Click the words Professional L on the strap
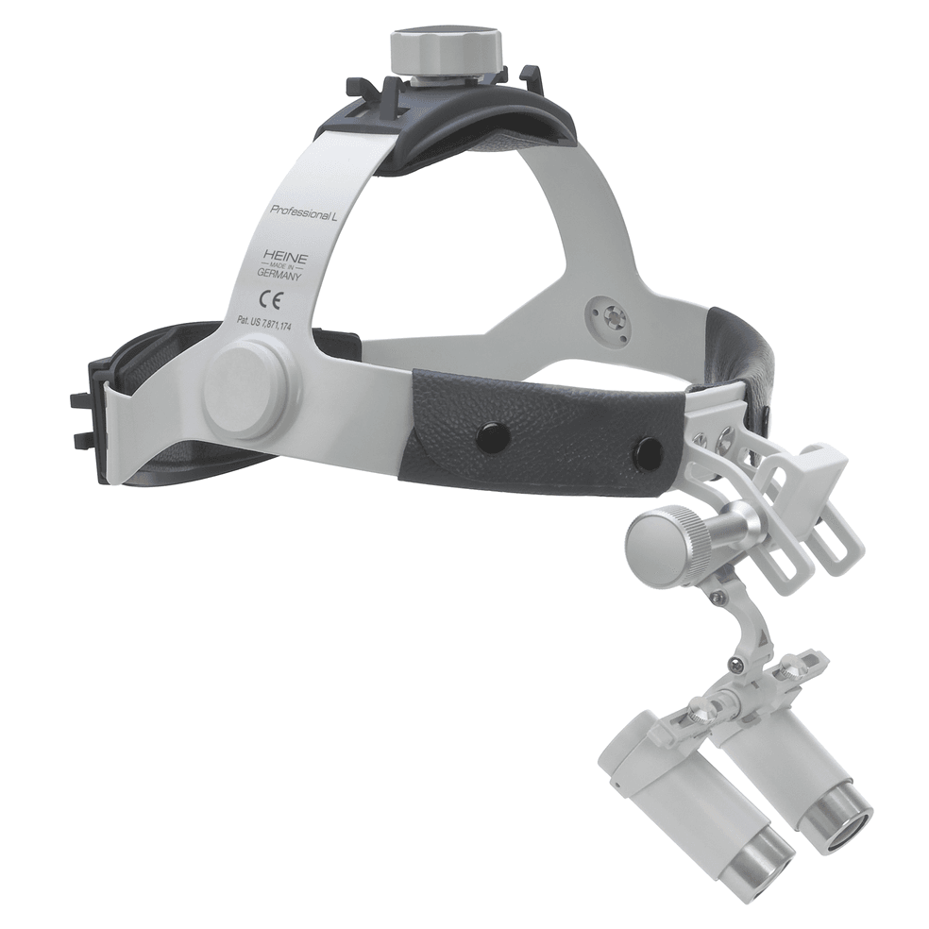click(303, 211)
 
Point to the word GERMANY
click(279, 275)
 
